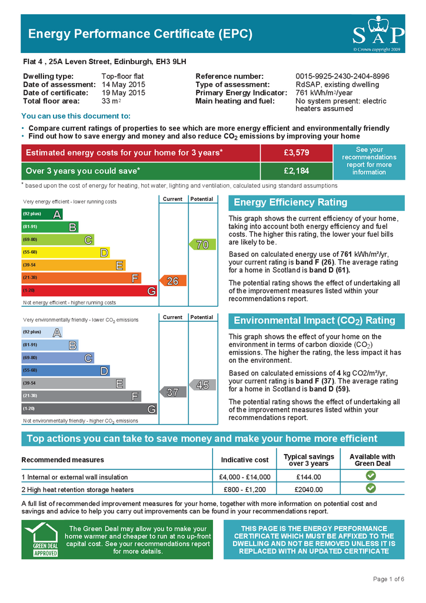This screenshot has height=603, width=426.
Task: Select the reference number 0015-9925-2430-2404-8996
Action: tap(342, 77)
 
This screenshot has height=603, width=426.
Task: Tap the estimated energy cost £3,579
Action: tap(297, 153)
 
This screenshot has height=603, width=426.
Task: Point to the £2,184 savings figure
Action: tap(297, 171)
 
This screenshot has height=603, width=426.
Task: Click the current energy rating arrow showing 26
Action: tap(172, 281)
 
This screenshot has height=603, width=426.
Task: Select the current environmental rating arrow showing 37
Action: tap(172, 392)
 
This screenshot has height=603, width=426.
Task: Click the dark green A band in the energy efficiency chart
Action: tap(42, 214)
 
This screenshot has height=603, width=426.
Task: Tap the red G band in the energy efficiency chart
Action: tap(89, 291)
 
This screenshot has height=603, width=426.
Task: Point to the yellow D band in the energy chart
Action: tap(65, 253)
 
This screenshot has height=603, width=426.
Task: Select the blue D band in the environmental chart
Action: tap(65, 370)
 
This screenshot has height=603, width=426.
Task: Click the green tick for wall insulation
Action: tap(370, 476)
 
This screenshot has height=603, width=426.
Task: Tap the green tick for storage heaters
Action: tap(370, 488)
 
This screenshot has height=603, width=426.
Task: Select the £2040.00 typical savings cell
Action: tap(308, 489)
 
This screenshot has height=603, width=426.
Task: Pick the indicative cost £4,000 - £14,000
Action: tap(244, 477)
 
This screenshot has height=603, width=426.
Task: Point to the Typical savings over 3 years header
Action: tap(308, 460)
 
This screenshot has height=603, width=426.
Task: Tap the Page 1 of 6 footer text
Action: tap(388, 579)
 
